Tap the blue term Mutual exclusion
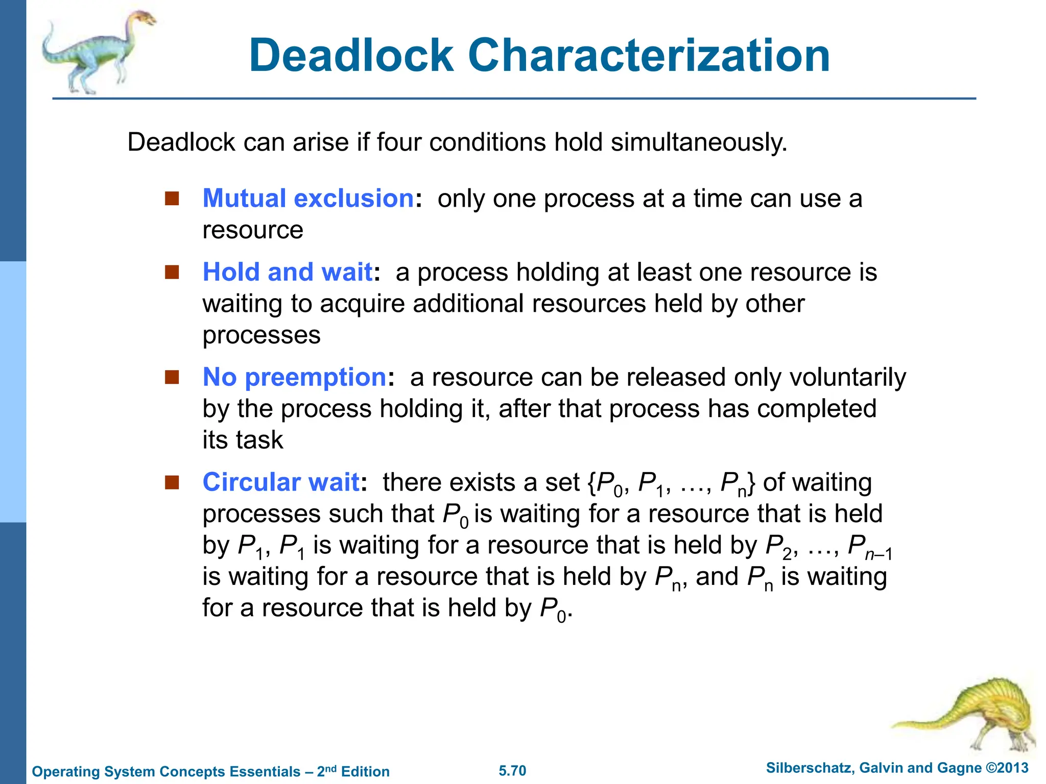tap(308, 198)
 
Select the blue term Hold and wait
tap(288, 272)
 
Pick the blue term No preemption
tap(295, 377)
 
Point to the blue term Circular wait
tap(281, 482)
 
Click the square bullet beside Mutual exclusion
tap(172, 198)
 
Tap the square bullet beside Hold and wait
tap(172, 272)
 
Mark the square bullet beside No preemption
tap(172, 377)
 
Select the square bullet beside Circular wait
tap(172, 482)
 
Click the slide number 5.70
tap(512, 771)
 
